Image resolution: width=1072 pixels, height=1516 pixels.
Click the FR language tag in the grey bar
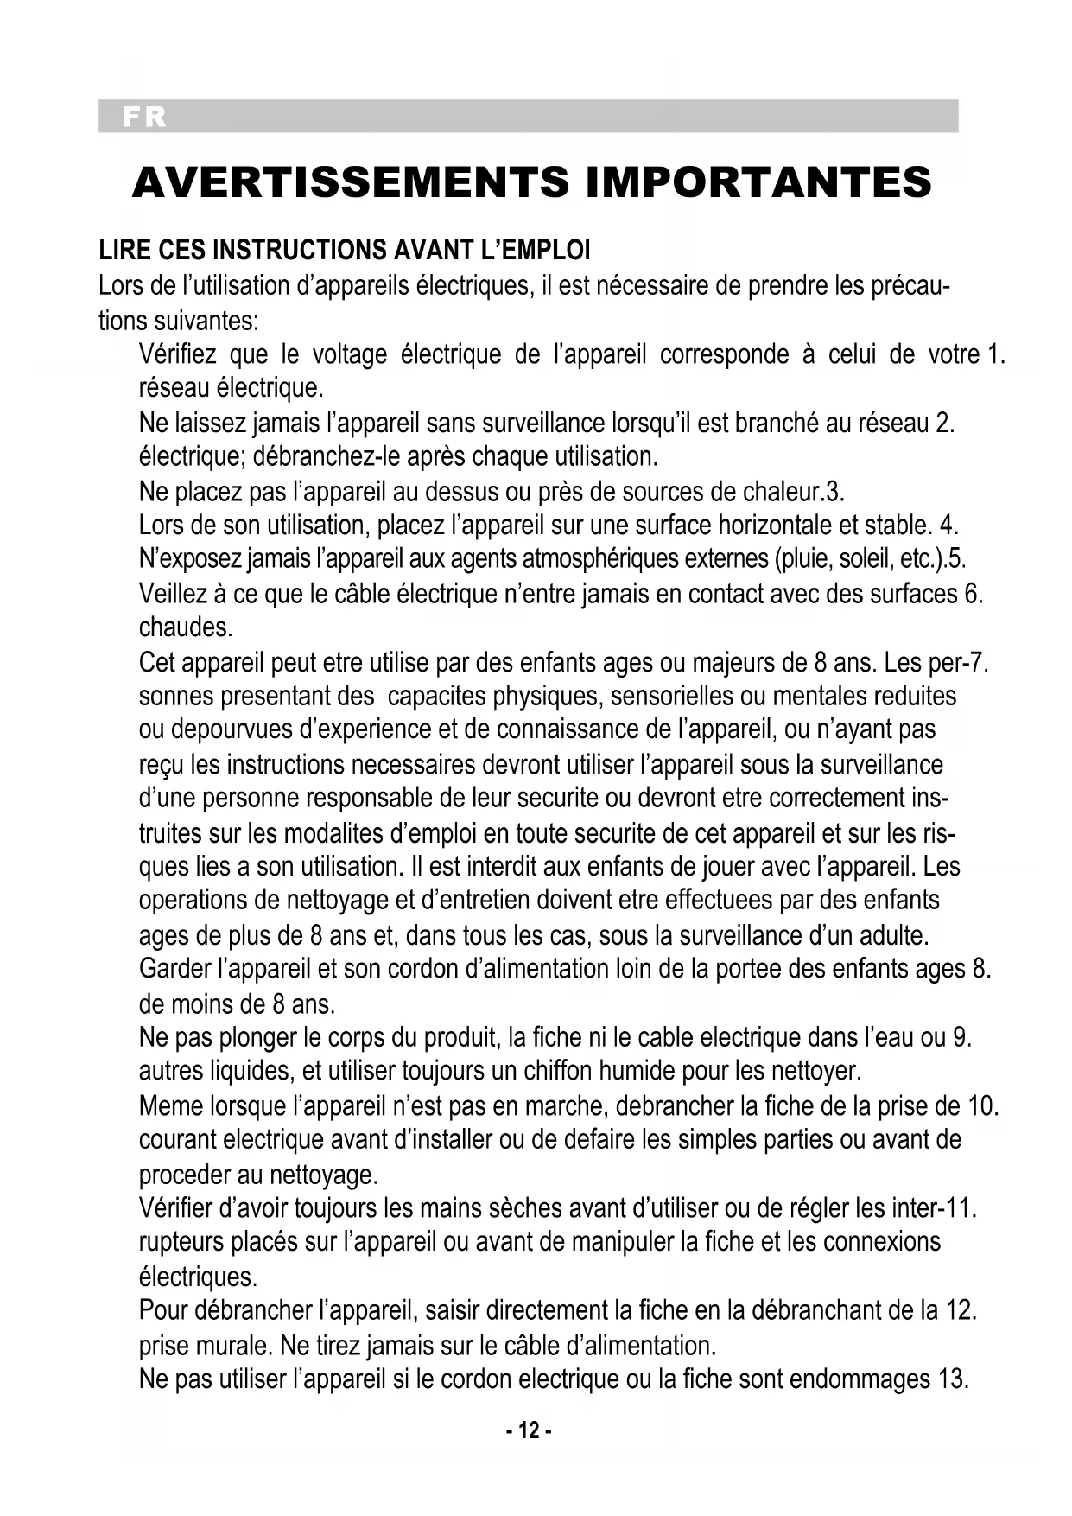coord(144,117)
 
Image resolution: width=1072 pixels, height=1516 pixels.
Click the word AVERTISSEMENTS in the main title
coord(351,182)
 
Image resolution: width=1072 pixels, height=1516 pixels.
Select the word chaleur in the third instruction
coord(783,492)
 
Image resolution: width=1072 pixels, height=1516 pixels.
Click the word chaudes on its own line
coord(186,627)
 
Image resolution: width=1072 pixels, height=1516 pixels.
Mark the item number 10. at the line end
coord(983,1105)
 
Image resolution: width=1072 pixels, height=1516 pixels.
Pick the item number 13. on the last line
coord(953,1379)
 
